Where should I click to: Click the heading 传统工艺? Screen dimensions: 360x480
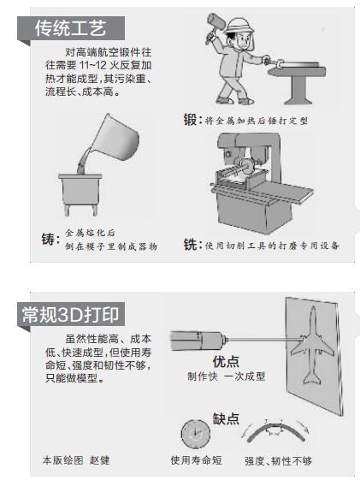[70, 28]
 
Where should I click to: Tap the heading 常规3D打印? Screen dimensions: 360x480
[70, 314]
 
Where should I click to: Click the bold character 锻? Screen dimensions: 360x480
[190, 120]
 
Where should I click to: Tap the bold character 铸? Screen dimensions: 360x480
[48, 239]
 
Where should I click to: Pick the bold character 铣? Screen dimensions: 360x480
[190, 245]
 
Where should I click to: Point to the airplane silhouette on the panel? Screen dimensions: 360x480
[312, 345]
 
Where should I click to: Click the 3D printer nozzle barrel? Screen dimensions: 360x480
[198, 340]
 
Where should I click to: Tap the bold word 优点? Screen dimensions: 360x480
[226, 362]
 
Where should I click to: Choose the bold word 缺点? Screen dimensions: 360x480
[226, 418]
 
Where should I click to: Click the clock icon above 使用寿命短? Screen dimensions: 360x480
[196, 434]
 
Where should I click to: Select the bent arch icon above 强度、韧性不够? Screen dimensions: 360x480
[276, 430]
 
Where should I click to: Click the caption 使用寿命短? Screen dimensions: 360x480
[196, 459]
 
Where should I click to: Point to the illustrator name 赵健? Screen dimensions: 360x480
[99, 460]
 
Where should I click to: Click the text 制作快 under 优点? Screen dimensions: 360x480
[202, 376]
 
